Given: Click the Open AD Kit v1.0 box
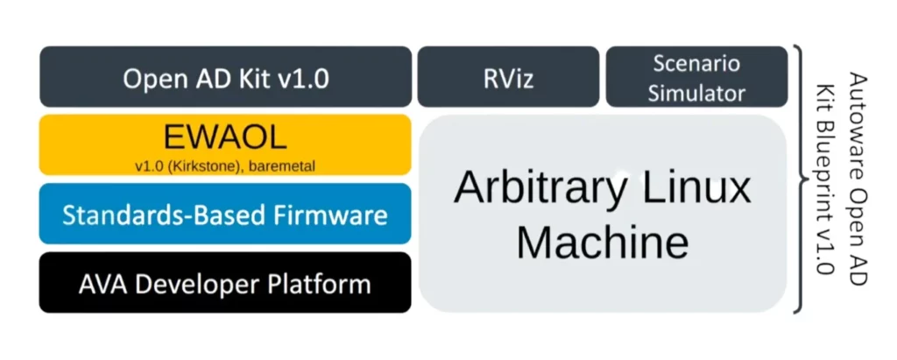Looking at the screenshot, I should pyautogui.click(x=225, y=77).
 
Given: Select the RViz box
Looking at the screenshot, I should pyautogui.click(x=507, y=78).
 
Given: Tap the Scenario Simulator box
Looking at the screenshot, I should pyautogui.click(x=696, y=77).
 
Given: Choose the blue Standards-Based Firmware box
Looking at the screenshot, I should pyautogui.click(x=225, y=214).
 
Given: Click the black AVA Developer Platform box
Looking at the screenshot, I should pyautogui.click(x=225, y=283).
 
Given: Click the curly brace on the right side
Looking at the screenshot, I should pyautogui.click(x=799, y=180).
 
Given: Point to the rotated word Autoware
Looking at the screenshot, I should pyautogui.click(x=858, y=106).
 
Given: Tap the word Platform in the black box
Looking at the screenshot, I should pyautogui.click(x=320, y=283).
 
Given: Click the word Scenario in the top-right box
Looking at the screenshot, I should pyautogui.click(x=696, y=64).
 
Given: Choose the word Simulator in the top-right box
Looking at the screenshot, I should pyautogui.click(x=696, y=92).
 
